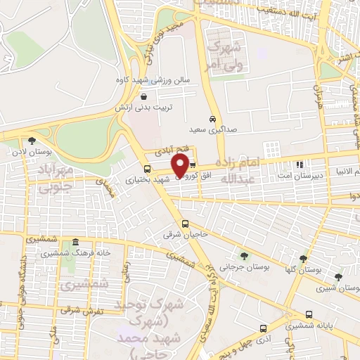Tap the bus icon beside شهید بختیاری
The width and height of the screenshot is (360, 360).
coord(147,169)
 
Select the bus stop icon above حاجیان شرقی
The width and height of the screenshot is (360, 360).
coord(185,224)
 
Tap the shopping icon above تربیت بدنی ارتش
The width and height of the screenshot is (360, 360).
coord(143,97)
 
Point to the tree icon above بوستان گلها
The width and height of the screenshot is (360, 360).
coord(303,258)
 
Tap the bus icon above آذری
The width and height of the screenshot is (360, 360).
coord(263,328)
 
